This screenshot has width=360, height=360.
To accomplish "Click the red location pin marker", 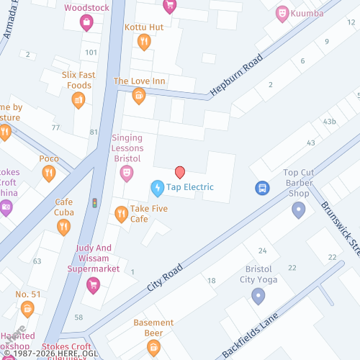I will pyautogui.click(x=180, y=171).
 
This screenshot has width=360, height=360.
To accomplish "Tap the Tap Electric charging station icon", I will pyautogui.click(x=157, y=188).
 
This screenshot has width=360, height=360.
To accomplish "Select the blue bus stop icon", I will pyautogui.click(x=263, y=188).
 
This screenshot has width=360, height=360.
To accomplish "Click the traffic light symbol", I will pyautogui.click(x=94, y=204).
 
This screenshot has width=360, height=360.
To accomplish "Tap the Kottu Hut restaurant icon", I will pyautogui.click(x=144, y=42).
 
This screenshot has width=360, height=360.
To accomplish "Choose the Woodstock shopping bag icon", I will pyautogui.click(x=86, y=23).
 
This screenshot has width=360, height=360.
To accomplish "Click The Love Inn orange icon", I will pyautogui.click(x=139, y=96).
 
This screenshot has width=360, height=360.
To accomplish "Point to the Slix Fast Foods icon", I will pyautogui.click(x=78, y=100).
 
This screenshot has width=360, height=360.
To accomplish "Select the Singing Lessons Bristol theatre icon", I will pyautogui.click(x=127, y=173).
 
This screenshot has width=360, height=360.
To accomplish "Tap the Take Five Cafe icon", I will pyautogui.click(x=122, y=213).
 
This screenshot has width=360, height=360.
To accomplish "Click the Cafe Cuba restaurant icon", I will pyautogui.click(x=64, y=227).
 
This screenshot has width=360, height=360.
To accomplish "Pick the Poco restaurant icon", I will pyautogui.click(x=49, y=173).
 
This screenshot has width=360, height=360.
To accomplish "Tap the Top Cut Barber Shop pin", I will pyautogui.click(x=299, y=210).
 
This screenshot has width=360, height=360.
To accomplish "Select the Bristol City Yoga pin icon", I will pyautogui.click(x=258, y=295).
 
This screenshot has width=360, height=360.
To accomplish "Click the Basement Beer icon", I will pyautogui.click(x=153, y=348).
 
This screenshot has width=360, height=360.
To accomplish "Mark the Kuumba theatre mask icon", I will pyautogui.click(x=283, y=13).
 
